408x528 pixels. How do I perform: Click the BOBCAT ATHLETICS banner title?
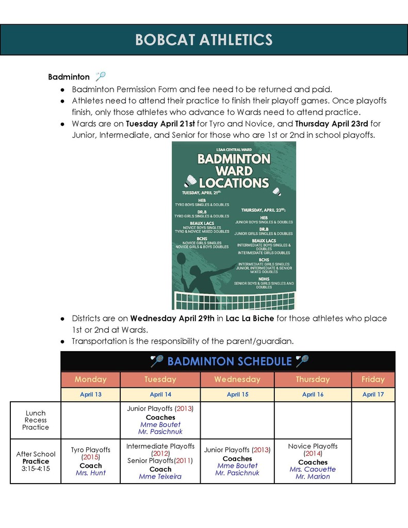204,40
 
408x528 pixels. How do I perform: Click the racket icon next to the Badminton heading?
101,76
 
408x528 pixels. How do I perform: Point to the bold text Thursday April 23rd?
331,124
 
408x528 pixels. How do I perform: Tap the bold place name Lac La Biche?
250,318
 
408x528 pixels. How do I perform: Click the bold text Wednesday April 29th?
172,318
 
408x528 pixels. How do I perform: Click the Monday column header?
90,379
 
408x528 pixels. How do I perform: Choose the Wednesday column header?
237,379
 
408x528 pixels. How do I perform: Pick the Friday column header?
373,379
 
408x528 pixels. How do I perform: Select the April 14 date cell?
160,394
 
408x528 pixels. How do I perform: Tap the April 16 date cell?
313,394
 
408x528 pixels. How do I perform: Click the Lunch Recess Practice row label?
36,420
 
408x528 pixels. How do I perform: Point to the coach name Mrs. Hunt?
91,472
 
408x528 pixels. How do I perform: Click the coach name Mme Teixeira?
160,476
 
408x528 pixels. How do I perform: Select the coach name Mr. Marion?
313,476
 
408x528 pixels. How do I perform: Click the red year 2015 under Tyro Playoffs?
91,457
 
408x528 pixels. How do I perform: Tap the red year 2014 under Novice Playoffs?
313,454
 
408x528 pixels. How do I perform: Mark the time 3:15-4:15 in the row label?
36,469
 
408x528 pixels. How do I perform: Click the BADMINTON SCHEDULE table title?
229,361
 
